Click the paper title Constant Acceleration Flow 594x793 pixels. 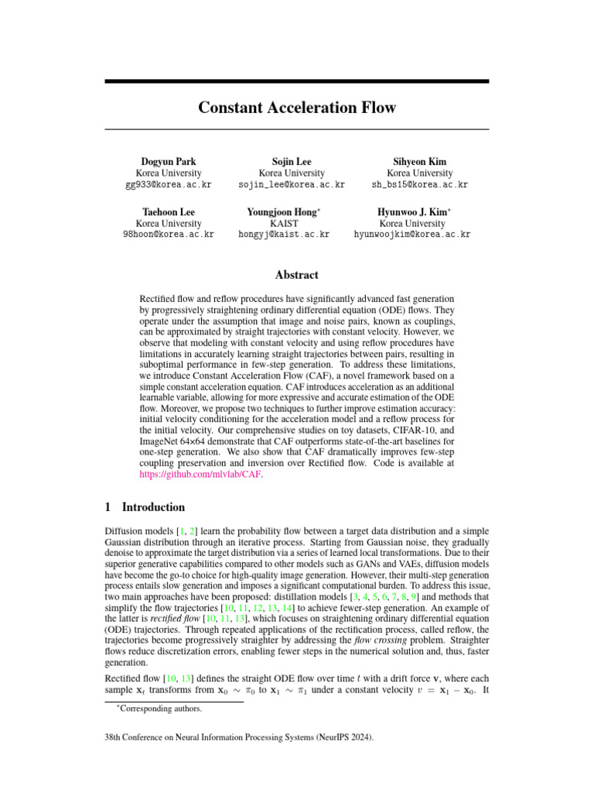pyautogui.click(x=297, y=107)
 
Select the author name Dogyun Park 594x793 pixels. pyautogui.click(x=168, y=161)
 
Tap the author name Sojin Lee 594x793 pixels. pyautogui.click(x=292, y=161)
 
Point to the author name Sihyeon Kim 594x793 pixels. pyautogui.click(x=419, y=161)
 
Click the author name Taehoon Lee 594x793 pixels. pyautogui.click(x=168, y=211)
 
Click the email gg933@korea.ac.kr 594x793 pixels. pyautogui.click(x=168, y=186)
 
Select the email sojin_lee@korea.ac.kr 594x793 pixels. pyautogui.click(x=292, y=186)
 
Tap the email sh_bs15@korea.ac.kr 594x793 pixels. pyautogui.click(x=419, y=186)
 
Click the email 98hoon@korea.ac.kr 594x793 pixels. pyautogui.click(x=168, y=234)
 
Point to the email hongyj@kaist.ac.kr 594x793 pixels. pyautogui.click(x=284, y=234)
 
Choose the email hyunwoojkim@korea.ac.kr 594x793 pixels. pyautogui.click(x=411, y=234)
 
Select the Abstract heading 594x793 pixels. pyautogui.click(x=297, y=275)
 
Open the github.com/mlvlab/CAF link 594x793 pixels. pyautogui.click(x=200, y=474)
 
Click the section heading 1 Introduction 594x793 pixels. pyautogui.click(x=145, y=507)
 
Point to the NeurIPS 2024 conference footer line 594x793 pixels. pyautogui.click(x=239, y=739)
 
